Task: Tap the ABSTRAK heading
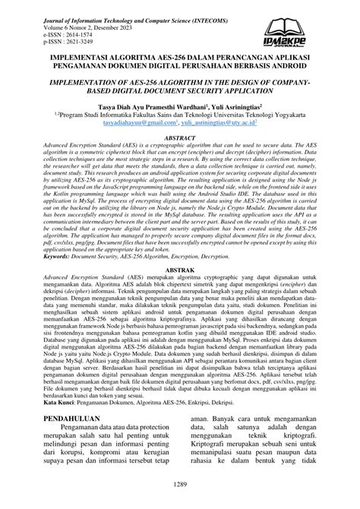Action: click(x=179, y=269)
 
